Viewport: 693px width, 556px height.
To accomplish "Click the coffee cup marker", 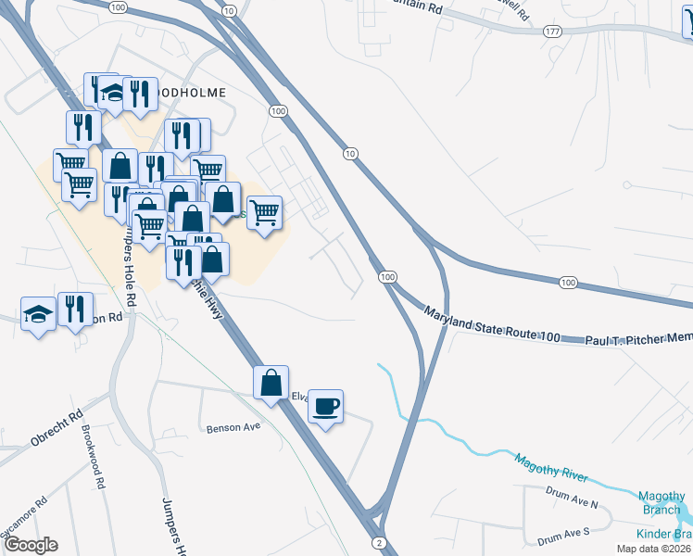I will tap(325, 406).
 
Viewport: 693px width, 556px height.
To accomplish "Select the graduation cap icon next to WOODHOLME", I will tap(113, 93).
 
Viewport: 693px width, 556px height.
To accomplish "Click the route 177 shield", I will tap(553, 31).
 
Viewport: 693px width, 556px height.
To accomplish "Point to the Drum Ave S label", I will tap(563, 535).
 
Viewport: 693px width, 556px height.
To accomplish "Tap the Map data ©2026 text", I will tap(654, 549).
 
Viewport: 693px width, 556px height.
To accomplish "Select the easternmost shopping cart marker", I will tap(265, 213).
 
